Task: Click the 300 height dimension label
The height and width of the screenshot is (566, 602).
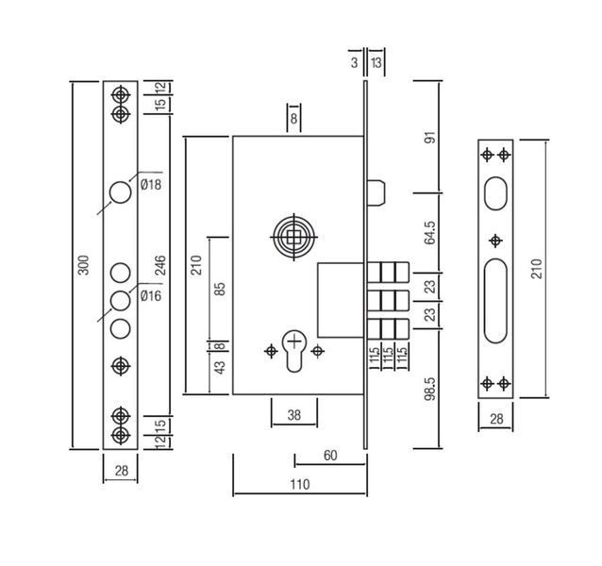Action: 83,265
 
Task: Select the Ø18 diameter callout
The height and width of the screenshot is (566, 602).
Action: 151,185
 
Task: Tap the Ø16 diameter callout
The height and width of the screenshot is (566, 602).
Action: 151,296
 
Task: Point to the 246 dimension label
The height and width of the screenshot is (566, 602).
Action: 159,265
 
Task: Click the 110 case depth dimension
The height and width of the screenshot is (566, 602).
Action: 299,484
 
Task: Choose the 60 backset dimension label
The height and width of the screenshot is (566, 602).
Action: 330,455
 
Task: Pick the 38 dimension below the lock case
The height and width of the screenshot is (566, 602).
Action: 294,415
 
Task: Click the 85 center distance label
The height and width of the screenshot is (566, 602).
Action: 220,289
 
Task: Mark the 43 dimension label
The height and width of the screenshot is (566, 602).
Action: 220,367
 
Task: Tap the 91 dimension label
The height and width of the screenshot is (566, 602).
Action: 430,137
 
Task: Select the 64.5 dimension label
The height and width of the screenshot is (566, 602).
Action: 430,233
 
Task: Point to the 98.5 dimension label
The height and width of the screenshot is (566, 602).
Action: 430,389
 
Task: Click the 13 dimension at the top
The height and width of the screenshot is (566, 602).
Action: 376,62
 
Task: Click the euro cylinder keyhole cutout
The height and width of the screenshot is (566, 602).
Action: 294,351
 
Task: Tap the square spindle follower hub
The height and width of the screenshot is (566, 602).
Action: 294,237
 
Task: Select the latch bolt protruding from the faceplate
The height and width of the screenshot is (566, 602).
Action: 376,193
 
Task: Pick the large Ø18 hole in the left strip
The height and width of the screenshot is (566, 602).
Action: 120,192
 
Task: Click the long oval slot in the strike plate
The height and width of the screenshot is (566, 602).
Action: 495,301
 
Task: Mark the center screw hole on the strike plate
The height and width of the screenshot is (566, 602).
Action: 495,241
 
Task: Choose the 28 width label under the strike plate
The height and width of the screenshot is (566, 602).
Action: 496,419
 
